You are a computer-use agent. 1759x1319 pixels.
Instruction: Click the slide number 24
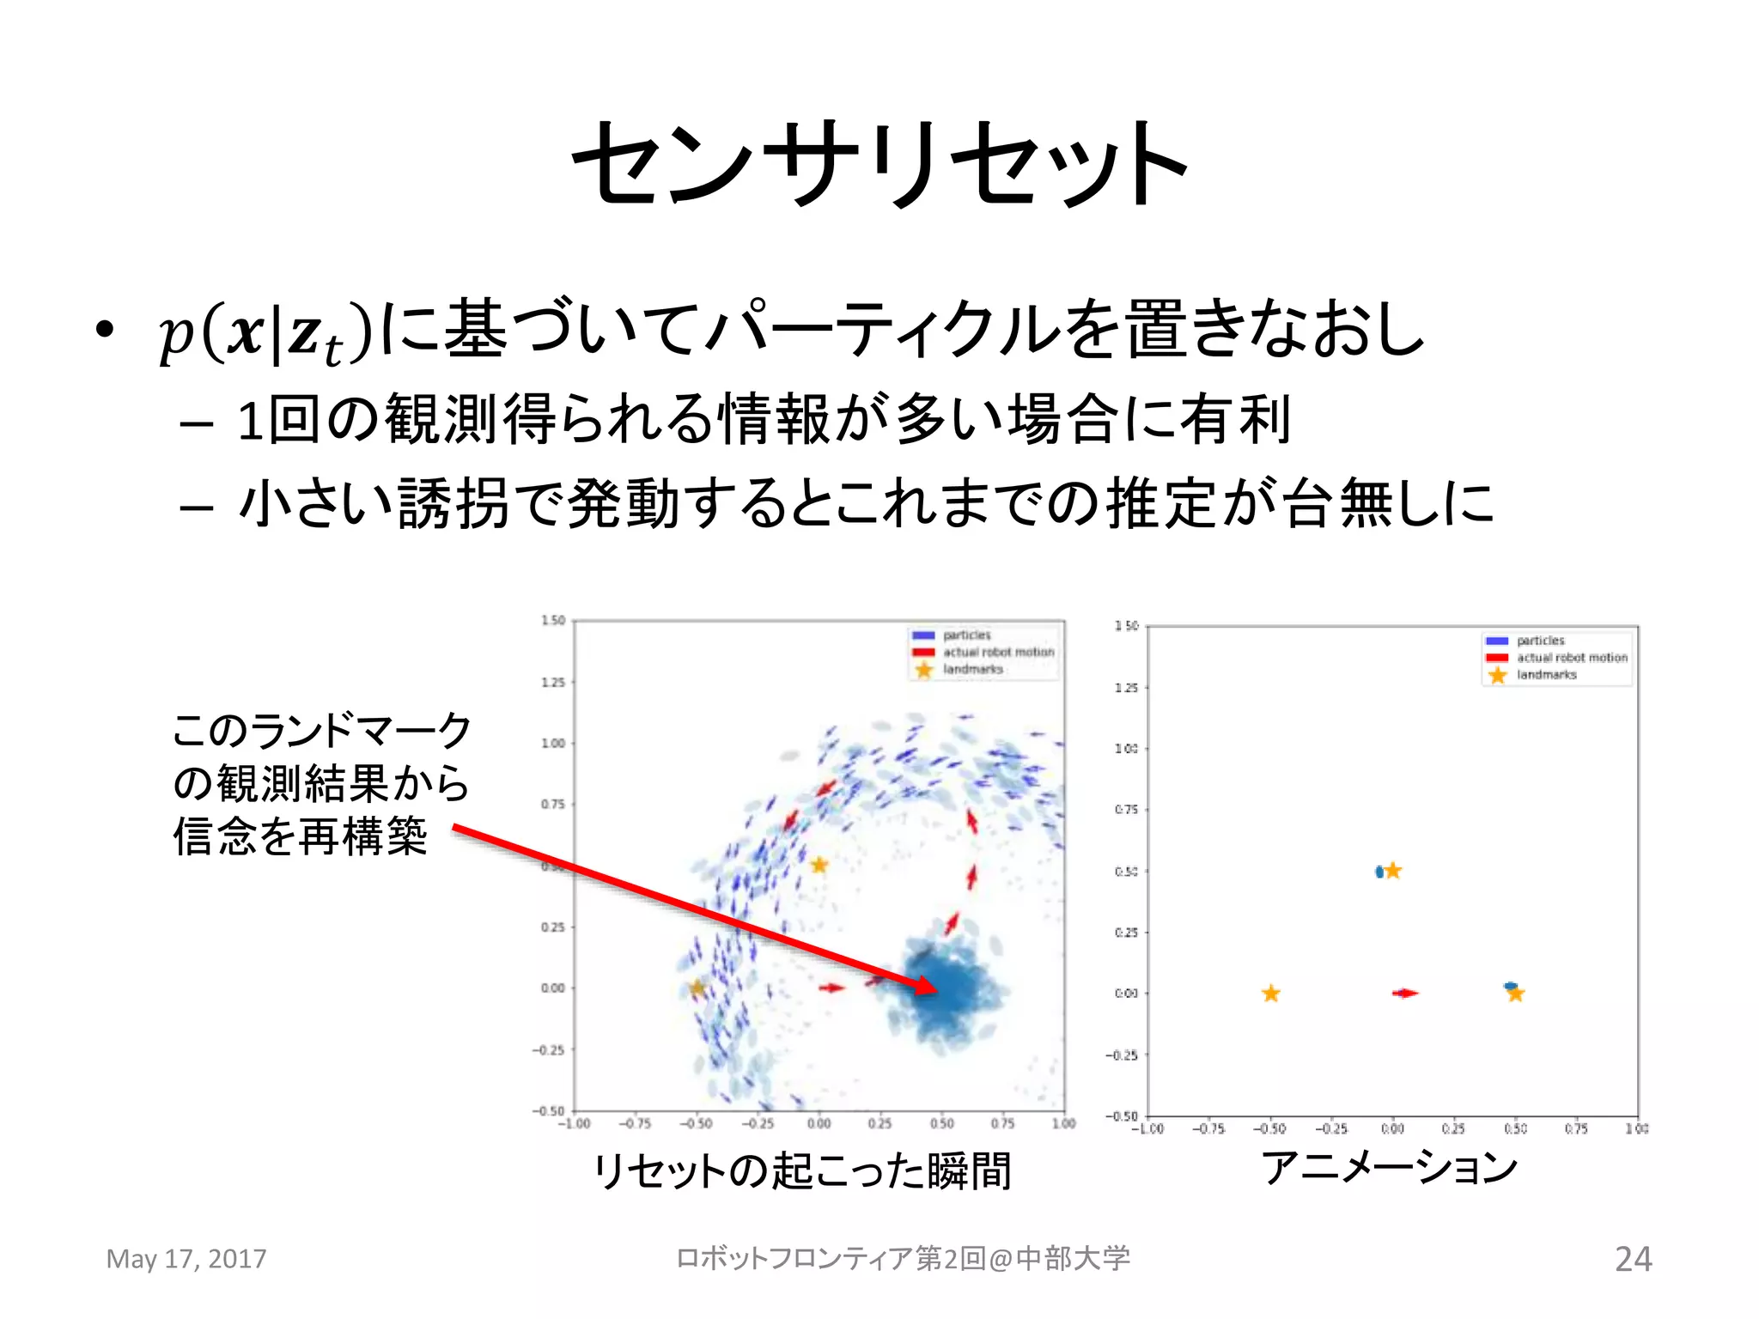tap(1632, 1259)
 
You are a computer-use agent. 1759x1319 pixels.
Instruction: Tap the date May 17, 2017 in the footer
tap(186, 1259)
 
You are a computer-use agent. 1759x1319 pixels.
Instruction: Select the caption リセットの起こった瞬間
tap(802, 1170)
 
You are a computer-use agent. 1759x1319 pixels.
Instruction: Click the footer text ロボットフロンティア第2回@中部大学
tap(903, 1259)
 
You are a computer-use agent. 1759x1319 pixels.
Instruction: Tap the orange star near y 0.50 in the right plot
tap(1393, 871)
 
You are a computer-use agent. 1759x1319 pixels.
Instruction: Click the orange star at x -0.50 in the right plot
tap(1271, 994)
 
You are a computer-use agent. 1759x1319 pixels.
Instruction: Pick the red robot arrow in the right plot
tap(1405, 994)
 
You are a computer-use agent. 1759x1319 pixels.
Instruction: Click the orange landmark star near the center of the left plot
tap(819, 865)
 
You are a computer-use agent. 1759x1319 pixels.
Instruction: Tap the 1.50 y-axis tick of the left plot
tap(553, 620)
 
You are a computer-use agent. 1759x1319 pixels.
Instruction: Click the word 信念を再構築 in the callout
tap(300, 836)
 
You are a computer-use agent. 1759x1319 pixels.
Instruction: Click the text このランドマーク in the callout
tap(321, 731)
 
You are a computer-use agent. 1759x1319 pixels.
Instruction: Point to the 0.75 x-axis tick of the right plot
tap(1576, 1129)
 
